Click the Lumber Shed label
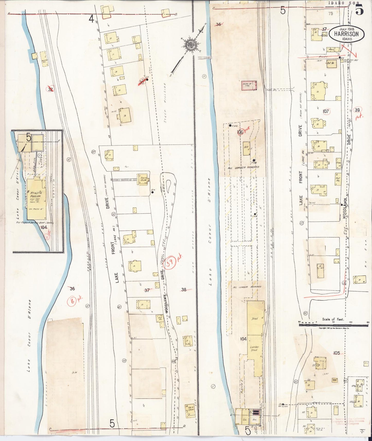click(254, 348)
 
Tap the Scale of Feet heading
click(333, 319)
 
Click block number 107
click(326, 111)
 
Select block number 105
click(336, 353)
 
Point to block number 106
click(240, 132)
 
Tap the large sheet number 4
click(91, 19)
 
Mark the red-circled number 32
click(50, 89)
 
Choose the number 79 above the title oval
click(331, 13)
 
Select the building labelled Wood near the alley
click(331, 49)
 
